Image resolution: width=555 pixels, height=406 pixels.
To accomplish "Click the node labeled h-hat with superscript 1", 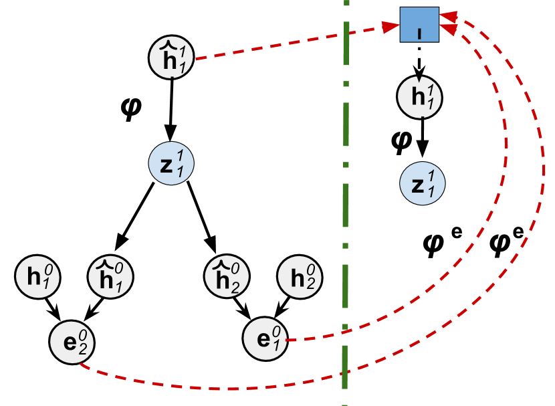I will click(172, 58).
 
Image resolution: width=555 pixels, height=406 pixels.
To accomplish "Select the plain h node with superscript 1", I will click(419, 97).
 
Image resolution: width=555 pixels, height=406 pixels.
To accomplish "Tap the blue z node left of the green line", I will click(171, 163).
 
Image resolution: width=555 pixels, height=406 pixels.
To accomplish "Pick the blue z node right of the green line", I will click(423, 183).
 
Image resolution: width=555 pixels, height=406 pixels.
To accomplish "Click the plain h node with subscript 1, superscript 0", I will click(38, 276).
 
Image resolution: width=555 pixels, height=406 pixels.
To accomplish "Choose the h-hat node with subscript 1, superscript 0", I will click(110, 276).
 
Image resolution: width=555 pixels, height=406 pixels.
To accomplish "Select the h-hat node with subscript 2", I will click(227, 276).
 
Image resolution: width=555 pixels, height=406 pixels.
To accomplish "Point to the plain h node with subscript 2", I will click(300, 276).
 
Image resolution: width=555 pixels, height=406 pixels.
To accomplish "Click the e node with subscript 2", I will click(72, 342).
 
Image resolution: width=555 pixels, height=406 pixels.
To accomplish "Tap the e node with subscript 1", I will click(265, 338).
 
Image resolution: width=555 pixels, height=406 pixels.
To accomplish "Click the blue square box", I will click(419, 25).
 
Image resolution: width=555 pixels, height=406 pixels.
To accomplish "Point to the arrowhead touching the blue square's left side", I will click(391, 27).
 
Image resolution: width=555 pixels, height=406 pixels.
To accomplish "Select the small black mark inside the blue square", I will click(419, 33).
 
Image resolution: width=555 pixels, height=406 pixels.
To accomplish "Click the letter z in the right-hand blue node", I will click(417, 185).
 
